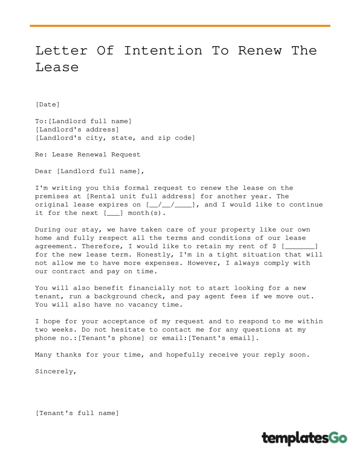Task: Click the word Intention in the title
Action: point(163,51)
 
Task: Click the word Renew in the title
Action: point(260,51)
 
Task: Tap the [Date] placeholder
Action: point(47,104)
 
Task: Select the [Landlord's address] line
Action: point(77,129)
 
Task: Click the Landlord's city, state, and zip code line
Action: point(115,138)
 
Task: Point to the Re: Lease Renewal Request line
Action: point(88,154)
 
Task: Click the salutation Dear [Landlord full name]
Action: point(90,171)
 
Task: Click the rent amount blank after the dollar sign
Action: point(300,246)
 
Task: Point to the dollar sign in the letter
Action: point(274,246)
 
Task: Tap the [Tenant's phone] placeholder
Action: point(111,338)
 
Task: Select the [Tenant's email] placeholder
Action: point(222,338)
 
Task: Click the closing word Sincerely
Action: point(56,371)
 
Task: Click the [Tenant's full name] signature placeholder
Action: point(77,413)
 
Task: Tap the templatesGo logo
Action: point(304,438)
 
